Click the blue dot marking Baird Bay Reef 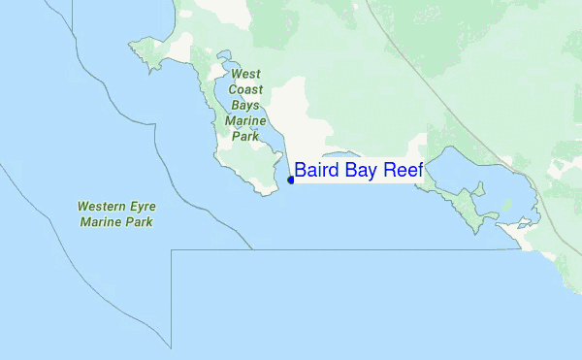coord(291,180)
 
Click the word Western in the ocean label coord(102,207)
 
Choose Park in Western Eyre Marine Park coord(141,222)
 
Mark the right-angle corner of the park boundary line coord(172,250)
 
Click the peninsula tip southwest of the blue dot coord(263,190)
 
